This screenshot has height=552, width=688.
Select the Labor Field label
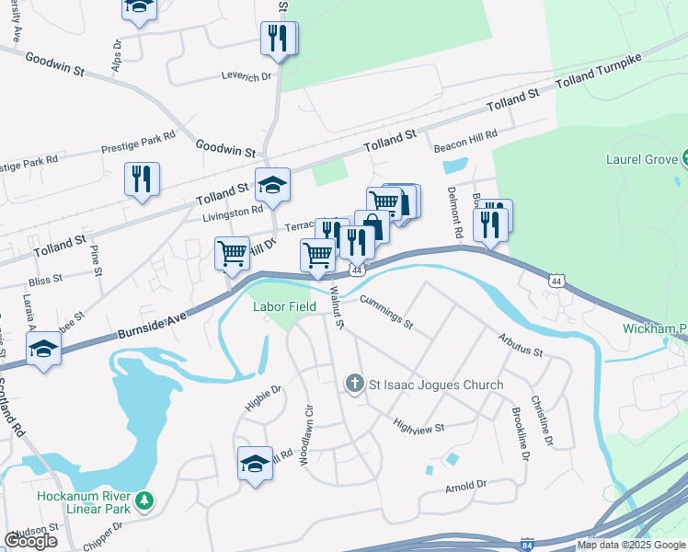coord(285,306)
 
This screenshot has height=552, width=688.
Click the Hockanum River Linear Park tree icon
coord(143,501)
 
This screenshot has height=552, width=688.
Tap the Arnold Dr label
coord(464,485)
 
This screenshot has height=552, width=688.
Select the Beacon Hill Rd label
coord(464,134)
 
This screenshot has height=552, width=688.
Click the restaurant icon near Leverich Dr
coord(278,39)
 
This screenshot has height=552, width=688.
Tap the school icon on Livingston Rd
coord(272,185)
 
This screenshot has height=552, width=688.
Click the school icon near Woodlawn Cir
coord(255,463)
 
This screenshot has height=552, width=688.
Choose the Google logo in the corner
coord(31,541)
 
